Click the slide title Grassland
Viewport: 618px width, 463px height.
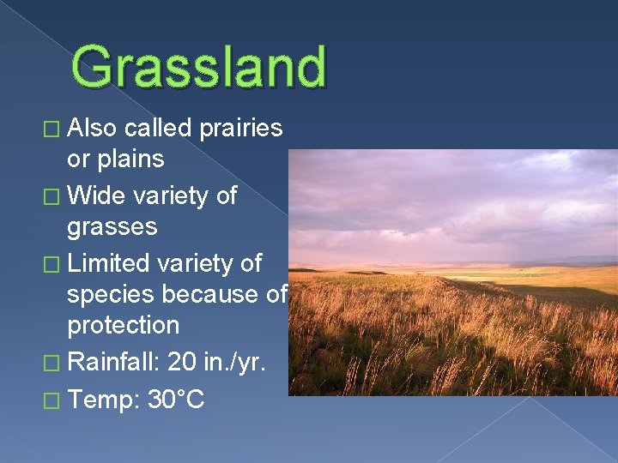pyautogui.click(x=199, y=67)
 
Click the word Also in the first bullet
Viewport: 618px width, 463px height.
pyautogui.click(x=93, y=129)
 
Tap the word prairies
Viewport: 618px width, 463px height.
pyautogui.click(x=240, y=129)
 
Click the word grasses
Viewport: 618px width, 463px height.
pyautogui.click(x=112, y=227)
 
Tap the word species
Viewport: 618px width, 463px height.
pyautogui.click(x=112, y=295)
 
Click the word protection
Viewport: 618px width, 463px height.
pyautogui.click(x=124, y=326)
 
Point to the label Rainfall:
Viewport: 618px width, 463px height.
pyautogui.click(x=113, y=363)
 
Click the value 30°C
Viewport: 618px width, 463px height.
pyautogui.click(x=176, y=399)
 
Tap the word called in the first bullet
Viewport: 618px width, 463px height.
pyautogui.click(x=157, y=129)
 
